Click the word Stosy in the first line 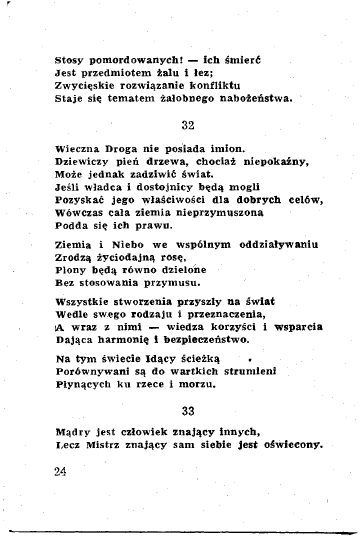pyautogui.click(x=69, y=59)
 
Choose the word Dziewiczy pyautogui.click(x=82, y=160)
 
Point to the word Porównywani pyautogui.click(x=95, y=372)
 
